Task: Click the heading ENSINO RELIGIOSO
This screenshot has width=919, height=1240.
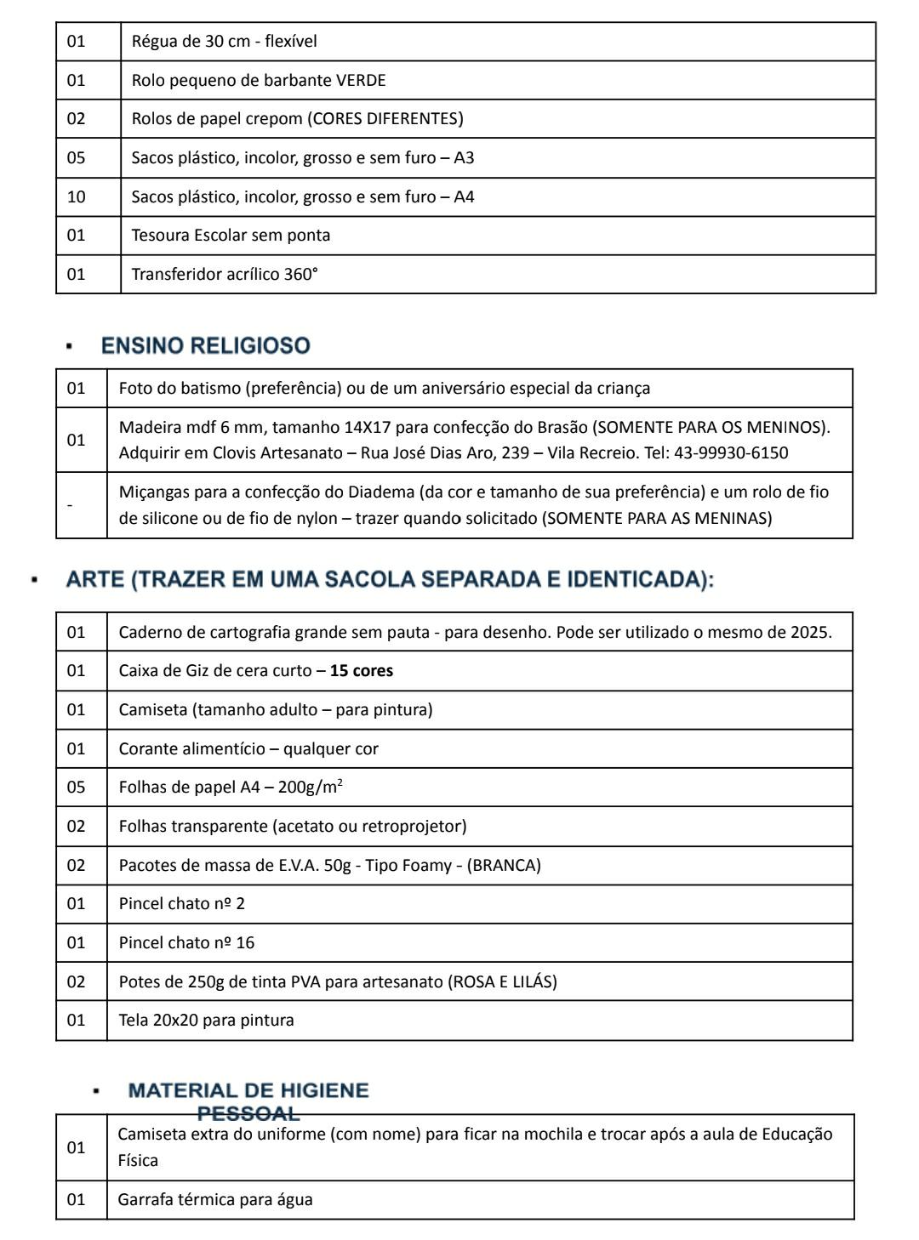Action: click(x=205, y=346)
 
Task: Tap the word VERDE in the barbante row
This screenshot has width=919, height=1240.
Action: click(x=361, y=81)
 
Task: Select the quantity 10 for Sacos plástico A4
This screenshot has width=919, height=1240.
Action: click(x=77, y=197)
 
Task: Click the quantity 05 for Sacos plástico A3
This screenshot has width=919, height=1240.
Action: click(x=77, y=158)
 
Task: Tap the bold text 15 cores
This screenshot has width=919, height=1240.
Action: click(x=362, y=671)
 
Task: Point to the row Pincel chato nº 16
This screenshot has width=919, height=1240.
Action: click(x=186, y=943)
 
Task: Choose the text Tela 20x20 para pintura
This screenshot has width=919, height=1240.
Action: click(x=206, y=1021)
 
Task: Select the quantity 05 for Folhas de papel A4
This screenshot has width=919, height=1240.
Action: click(x=77, y=788)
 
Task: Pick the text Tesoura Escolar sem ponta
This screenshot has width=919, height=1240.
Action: click(x=231, y=236)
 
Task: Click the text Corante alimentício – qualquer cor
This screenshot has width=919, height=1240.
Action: click(x=248, y=749)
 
